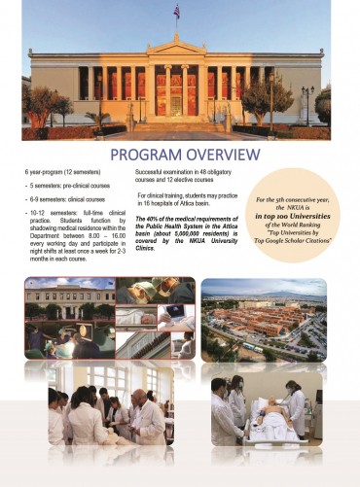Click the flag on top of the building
(x=176, y=11)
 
